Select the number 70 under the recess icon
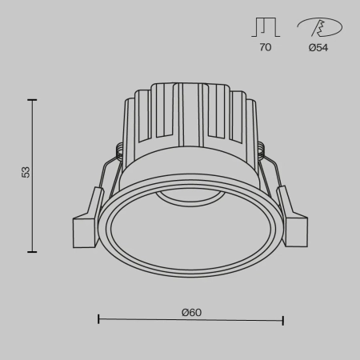[x=265, y=48]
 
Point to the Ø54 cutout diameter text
[x=318, y=48]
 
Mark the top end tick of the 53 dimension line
[x=32, y=100]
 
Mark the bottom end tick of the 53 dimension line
[x=32, y=251]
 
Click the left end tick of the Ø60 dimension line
[x=98, y=320]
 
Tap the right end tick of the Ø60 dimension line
[x=283, y=320]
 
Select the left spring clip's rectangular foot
[x=85, y=231]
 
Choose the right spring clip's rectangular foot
[x=295, y=231]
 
